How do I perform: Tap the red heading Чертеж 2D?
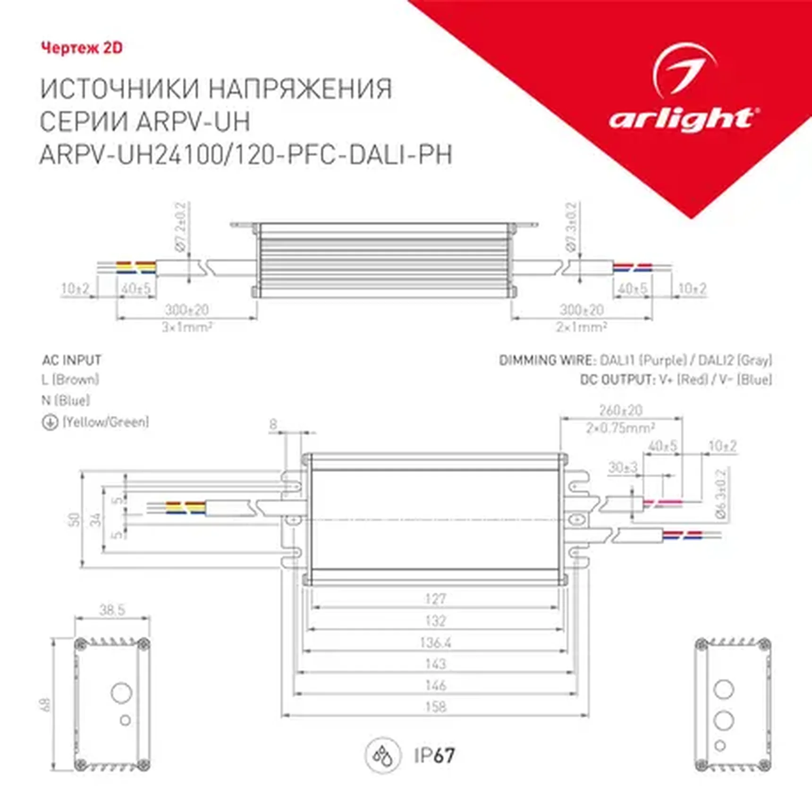[82, 48]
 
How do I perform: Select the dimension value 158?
[435, 707]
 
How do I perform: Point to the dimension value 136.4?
[435, 643]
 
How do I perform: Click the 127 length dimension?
[435, 599]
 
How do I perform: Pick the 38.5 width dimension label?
[112, 610]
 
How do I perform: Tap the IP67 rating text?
[434, 755]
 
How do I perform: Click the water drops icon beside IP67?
[383, 756]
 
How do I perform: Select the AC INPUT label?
[72, 360]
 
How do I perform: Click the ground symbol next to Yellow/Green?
[50, 422]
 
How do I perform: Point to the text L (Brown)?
[70, 379]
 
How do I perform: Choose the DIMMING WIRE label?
[547, 361]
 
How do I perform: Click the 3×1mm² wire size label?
[187, 327]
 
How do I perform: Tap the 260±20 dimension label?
[621, 410]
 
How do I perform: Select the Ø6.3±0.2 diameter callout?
[721, 494]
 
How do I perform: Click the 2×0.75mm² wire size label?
[620, 428]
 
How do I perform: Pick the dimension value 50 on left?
[74, 519]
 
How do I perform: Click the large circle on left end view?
[121, 693]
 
